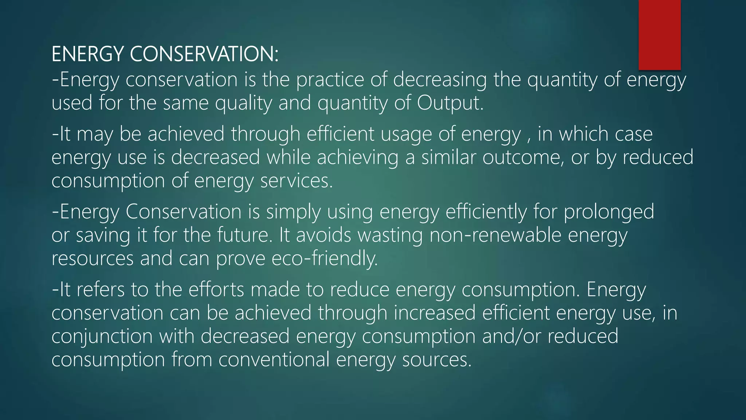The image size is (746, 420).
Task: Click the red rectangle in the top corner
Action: (659, 35)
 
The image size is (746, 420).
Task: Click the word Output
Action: (450, 103)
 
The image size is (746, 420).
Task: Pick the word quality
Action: (243, 103)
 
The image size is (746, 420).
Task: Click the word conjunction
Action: (102, 336)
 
